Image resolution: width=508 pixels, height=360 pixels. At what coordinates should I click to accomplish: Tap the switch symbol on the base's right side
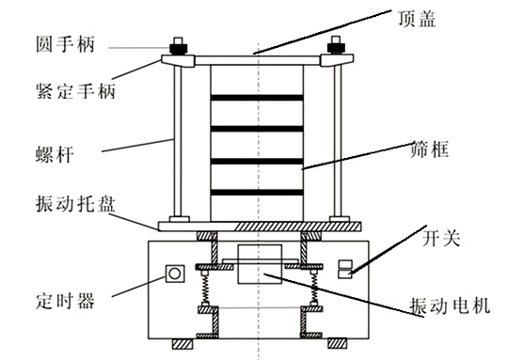(345, 270)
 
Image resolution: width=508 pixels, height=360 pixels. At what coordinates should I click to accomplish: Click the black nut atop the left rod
(176, 45)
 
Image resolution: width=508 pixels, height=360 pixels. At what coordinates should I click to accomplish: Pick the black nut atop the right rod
(336, 45)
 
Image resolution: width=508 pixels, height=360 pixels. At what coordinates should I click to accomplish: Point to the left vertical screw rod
(176, 141)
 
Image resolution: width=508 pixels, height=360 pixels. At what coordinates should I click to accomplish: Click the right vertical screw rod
(336, 141)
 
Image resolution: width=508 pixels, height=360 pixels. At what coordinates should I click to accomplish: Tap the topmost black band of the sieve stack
(256, 98)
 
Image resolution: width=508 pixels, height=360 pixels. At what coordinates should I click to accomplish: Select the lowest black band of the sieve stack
(256, 192)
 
